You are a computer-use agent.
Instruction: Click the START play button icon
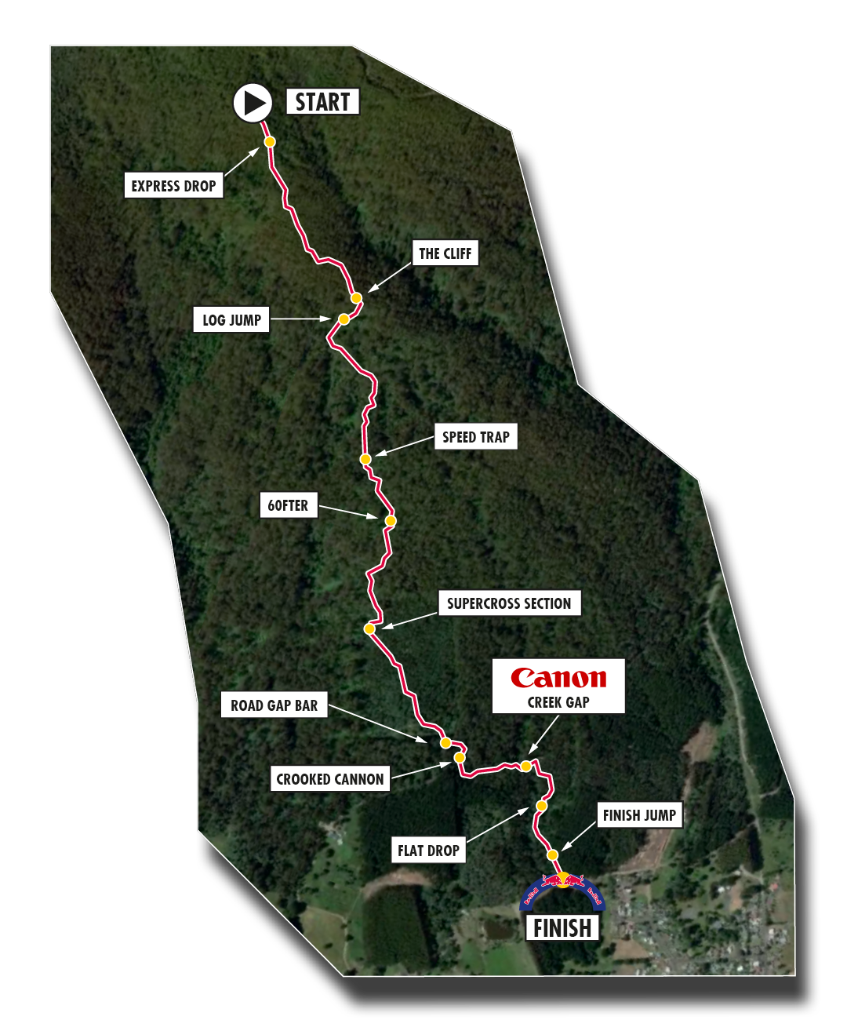(x=253, y=103)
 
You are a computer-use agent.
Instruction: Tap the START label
(x=322, y=102)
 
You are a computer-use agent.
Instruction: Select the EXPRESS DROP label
(x=173, y=186)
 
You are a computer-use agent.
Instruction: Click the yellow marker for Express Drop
(x=270, y=142)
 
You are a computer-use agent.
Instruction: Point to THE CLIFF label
(x=445, y=253)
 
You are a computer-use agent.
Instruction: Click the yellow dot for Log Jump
(x=344, y=319)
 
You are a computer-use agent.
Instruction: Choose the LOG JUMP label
(x=231, y=320)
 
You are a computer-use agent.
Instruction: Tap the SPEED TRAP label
(x=475, y=437)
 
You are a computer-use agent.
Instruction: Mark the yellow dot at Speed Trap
(x=365, y=459)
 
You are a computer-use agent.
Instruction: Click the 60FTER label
(x=288, y=505)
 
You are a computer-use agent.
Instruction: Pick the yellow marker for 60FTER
(x=391, y=521)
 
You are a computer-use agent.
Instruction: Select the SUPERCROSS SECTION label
(x=509, y=603)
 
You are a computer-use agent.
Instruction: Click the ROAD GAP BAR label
(x=274, y=705)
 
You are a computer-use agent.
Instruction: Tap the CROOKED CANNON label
(x=330, y=779)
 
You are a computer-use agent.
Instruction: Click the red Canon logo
(x=558, y=678)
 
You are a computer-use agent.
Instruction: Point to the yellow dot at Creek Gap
(x=525, y=766)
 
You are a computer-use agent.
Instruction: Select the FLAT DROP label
(x=428, y=851)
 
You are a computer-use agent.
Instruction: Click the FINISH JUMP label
(x=639, y=815)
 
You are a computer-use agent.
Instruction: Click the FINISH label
(x=562, y=928)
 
